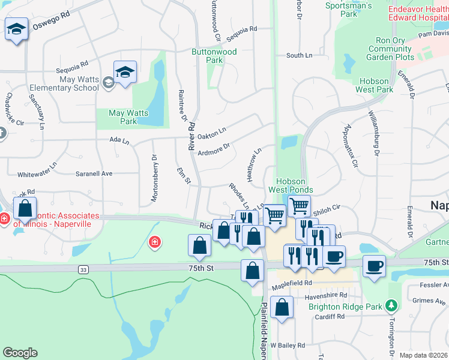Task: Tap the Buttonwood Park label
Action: click(x=214, y=56)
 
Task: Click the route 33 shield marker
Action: click(x=82, y=271)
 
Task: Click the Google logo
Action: click(x=20, y=353)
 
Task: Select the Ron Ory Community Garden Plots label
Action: click(x=390, y=49)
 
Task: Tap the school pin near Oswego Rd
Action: click(x=16, y=29)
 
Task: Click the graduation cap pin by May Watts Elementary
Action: click(x=125, y=73)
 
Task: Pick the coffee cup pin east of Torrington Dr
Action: click(x=374, y=266)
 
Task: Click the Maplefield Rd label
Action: click(x=291, y=283)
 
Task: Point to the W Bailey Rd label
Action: click(x=288, y=345)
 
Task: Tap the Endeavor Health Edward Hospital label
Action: click(x=418, y=13)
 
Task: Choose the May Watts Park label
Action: click(x=124, y=117)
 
